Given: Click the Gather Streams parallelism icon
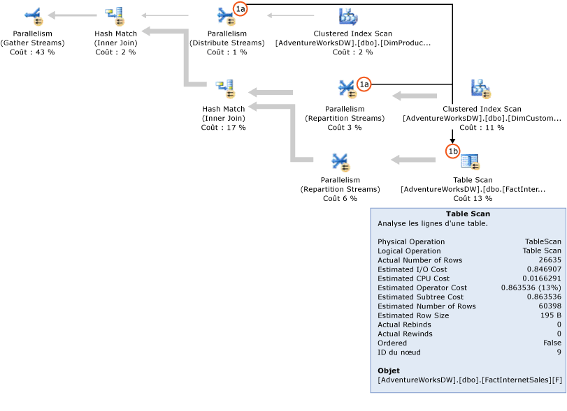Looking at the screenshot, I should point(32,15).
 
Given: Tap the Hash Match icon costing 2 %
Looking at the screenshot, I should point(114,15).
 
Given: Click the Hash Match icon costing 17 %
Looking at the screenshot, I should point(224,89).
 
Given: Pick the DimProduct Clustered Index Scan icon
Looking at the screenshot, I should point(348,16).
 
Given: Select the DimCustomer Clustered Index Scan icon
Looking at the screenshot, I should point(481,89).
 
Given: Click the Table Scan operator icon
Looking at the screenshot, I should point(471,163).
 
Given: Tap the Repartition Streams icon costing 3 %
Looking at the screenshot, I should point(347,89).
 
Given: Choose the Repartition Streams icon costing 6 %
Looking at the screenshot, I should point(340,163).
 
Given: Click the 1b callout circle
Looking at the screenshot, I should point(452,151).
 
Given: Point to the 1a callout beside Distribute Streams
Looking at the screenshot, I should point(240,9).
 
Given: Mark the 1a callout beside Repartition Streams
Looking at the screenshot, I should point(364,84).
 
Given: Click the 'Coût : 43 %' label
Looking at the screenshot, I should point(32,52).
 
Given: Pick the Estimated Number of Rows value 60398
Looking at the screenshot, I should point(547,306).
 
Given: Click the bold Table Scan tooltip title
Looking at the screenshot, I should point(468,214).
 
